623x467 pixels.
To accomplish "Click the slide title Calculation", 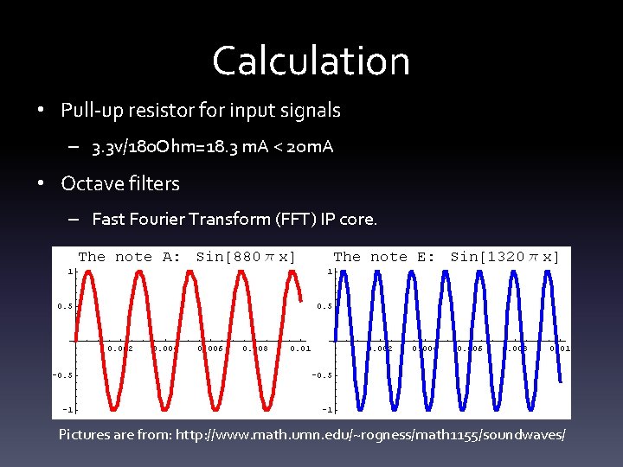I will coord(311,61).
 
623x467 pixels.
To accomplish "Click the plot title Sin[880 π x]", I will coord(246,257).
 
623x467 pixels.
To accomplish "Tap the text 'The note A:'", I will coord(130,257).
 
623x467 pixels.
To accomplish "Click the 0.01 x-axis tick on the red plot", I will coord(300,349).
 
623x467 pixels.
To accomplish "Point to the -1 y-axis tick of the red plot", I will coord(67,409).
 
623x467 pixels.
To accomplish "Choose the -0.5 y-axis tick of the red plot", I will coord(63,375).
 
